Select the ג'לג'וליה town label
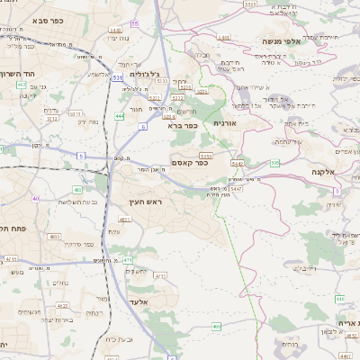coord(140,75)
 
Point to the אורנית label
coord(224,122)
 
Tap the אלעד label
coord(138,301)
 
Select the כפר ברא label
coord(182,126)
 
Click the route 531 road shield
coord(118,78)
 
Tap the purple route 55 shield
coord(134,22)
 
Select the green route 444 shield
coord(121,116)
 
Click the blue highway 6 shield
coord(142,127)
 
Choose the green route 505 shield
coord(274,163)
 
